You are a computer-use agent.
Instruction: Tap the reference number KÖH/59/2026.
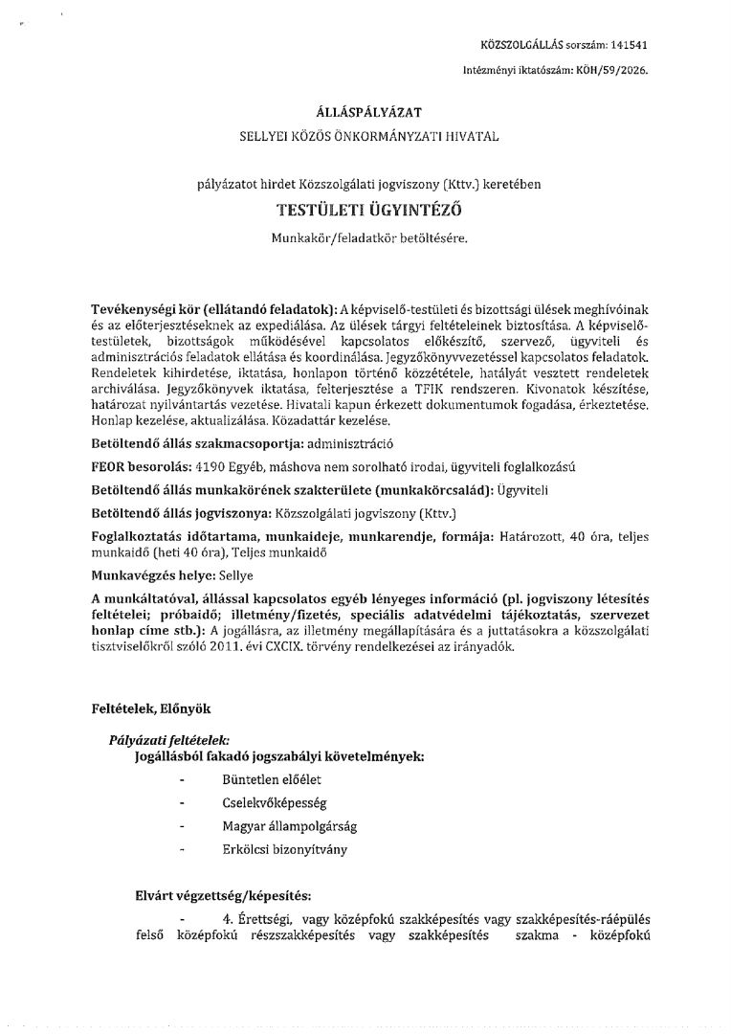619,70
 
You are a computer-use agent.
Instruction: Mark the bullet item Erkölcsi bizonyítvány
277,849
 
